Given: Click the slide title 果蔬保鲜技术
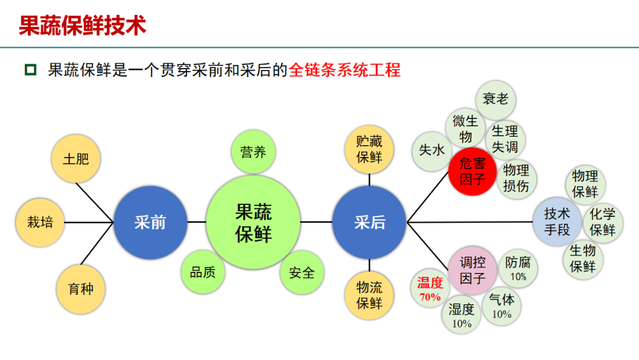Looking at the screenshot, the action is pyautogui.click(x=82, y=25).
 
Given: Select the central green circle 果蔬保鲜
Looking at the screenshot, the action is pyautogui.click(x=253, y=223).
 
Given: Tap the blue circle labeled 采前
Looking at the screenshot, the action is pyautogui.click(x=150, y=222).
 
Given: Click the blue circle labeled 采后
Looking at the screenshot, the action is pyautogui.click(x=369, y=222).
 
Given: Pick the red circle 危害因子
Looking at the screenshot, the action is pyautogui.click(x=472, y=171).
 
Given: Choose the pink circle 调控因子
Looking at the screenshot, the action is pyautogui.click(x=472, y=270).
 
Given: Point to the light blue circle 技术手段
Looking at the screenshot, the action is pyautogui.click(x=557, y=221).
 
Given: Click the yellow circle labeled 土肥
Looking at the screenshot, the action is pyautogui.click(x=76, y=159).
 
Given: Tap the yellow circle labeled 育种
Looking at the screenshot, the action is pyautogui.click(x=80, y=289).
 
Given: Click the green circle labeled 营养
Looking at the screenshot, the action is pyautogui.click(x=253, y=152).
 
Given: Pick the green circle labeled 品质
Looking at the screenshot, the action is pyautogui.click(x=202, y=272).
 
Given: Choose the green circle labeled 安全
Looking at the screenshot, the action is pyautogui.click(x=302, y=272).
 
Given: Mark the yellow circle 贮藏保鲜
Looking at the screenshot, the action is pyautogui.click(x=369, y=149).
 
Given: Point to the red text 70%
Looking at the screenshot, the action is pyautogui.click(x=430, y=297).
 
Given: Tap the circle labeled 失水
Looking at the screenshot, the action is pyautogui.click(x=432, y=151).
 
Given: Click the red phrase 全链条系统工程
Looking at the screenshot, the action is pyautogui.click(x=344, y=70).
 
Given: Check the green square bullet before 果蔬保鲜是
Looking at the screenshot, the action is pyautogui.click(x=30, y=70).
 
